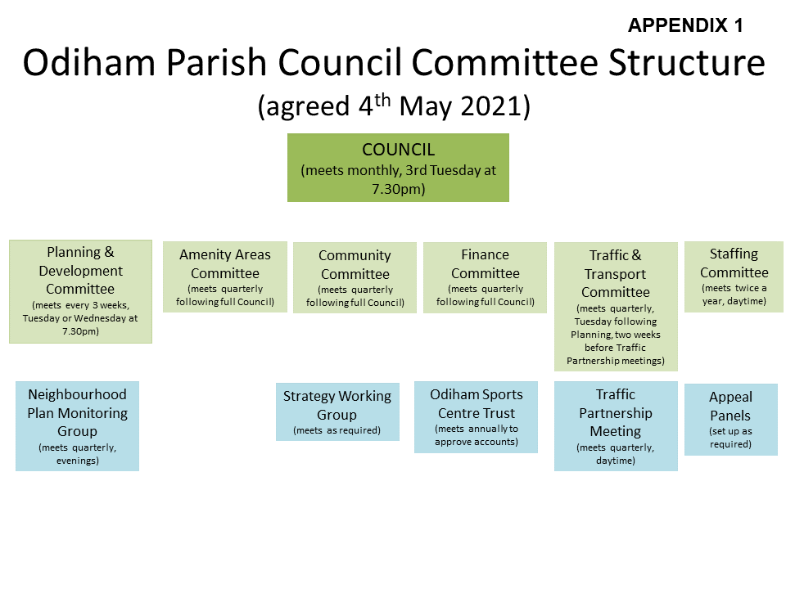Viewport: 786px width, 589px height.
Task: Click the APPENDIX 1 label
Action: pyautogui.click(x=685, y=25)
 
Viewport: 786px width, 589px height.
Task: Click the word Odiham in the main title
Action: pyautogui.click(x=88, y=63)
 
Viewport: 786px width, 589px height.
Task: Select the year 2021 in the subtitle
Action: pyautogui.click(x=492, y=106)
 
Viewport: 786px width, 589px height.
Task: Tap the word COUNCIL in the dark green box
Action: pyautogui.click(x=399, y=149)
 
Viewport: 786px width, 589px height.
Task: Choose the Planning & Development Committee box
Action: pyautogui.click(x=80, y=291)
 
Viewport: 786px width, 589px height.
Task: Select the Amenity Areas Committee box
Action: pyautogui.click(x=225, y=277)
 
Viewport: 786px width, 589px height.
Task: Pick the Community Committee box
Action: pyautogui.click(x=355, y=278)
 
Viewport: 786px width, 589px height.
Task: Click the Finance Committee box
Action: pyautogui.click(x=486, y=278)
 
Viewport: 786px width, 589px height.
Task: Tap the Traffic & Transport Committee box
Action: pyautogui.click(x=616, y=307)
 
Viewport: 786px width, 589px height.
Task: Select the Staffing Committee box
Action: pyautogui.click(x=734, y=277)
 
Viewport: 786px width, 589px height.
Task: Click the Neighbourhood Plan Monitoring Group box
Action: pyautogui.click(x=77, y=426)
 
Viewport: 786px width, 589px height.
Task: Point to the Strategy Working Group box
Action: pyautogui.click(x=337, y=411)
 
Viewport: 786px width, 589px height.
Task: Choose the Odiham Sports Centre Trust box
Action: pyautogui.click(x=477, y=417)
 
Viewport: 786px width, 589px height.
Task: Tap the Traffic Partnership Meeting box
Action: pyautogui.click(x=616, y=426)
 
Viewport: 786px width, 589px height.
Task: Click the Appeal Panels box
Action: pyautogui.click(x=731, y=420)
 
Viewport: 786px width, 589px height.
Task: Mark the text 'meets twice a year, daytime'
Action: pyautogui.click(x=734, y=294)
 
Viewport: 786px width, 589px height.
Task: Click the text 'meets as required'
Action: pyautogui.click(x=337, y=430)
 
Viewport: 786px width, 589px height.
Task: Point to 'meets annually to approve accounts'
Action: pyautogui.click(x=477, y=435)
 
